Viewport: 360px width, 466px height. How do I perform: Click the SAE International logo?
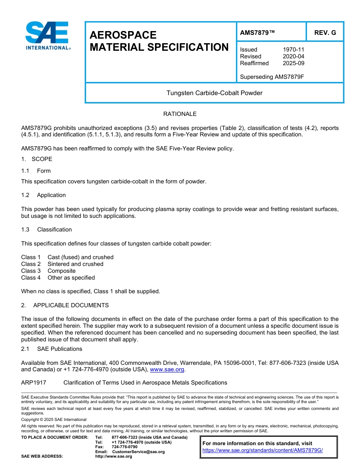click(47, 36)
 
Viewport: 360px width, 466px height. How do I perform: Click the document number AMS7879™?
click(257, 33)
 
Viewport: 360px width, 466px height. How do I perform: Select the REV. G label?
click(325, 33)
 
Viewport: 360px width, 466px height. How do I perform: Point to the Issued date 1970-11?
click(293, 50)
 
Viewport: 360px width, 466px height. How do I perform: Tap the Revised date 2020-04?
click(293, 56)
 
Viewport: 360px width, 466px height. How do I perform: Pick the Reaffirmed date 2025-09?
click(293, 63)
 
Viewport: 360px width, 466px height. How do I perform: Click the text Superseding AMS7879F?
click(272, 77)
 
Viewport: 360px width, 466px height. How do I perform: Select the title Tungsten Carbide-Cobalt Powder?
click(214, 93)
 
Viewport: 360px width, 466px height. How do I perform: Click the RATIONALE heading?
click(180, 114)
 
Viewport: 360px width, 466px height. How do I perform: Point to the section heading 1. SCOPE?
click(37, 159)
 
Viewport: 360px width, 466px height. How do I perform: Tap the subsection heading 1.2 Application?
click(44, 195)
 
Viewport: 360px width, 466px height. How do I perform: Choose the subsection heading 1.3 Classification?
click(46, 230)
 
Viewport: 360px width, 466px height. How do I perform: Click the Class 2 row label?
click(31, 264)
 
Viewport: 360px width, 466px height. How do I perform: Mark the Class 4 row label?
click(31, 278)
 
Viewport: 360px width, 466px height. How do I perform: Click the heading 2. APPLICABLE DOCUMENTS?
click(65, 305)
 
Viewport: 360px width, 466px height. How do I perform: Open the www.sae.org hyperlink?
click(167, 369)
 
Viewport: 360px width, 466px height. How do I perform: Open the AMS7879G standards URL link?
click(262, 450)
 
